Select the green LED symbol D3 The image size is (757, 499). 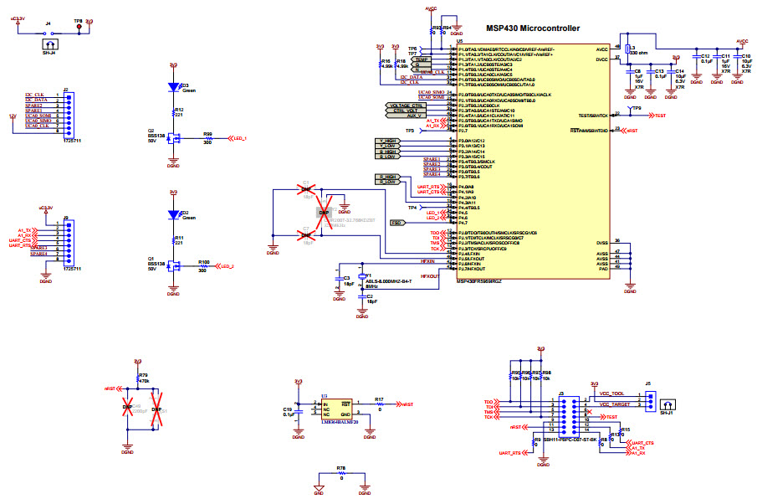(x=173, y=87)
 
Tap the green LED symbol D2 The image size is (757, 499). (x=173, y=215)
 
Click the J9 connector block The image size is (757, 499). (x=66, y=242)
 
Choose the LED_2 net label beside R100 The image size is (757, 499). (x=226, y=267)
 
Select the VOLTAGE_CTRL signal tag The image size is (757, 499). (x=406, y=105)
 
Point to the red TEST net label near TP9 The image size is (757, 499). (x=660, y=115)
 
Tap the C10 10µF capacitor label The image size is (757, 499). (x=745, y=58)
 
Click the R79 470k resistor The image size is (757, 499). (x=138, y=378)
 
